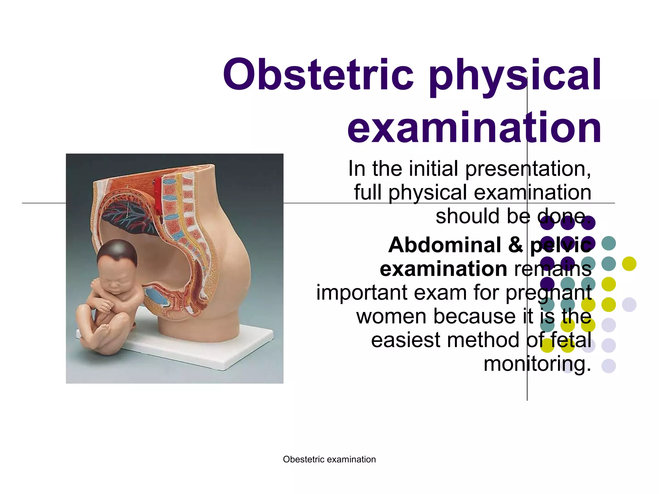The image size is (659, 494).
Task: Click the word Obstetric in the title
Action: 318,75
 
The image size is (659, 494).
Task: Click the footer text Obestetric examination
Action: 329,459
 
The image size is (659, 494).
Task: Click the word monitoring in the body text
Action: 537,364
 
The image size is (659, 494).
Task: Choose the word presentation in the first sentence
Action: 528,169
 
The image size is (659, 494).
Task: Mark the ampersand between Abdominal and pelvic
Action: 515,245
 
